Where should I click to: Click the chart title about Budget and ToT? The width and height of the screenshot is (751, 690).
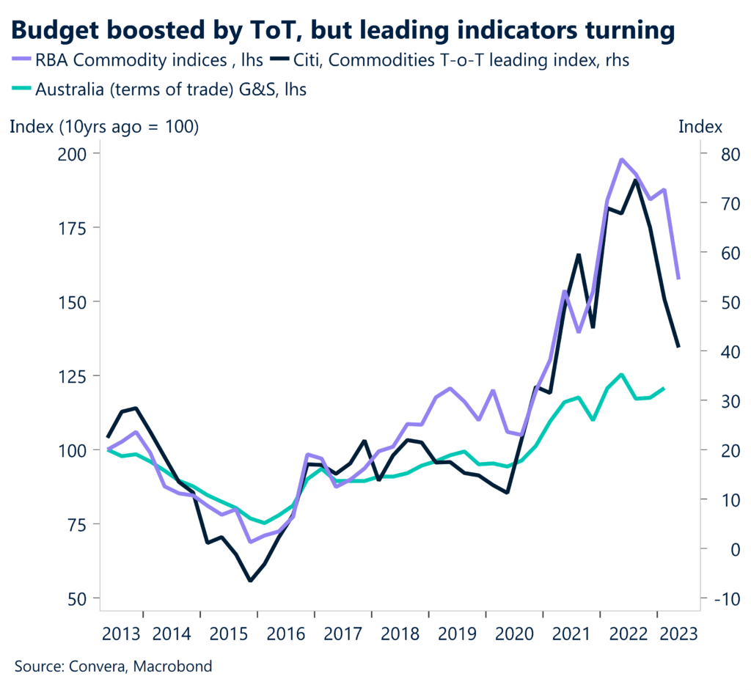tap(342, 30)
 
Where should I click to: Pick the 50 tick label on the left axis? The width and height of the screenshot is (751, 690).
tap(77, 598)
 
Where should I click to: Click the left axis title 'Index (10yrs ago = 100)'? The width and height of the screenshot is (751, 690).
tap(104, 126)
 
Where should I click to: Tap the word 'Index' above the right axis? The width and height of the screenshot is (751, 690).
tap(700, 126)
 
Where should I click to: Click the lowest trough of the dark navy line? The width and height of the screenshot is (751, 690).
tap(251, 580)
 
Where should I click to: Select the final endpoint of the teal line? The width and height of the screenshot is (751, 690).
tap(664, 388)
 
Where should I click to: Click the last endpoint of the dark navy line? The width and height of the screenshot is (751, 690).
tap(678, 346)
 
